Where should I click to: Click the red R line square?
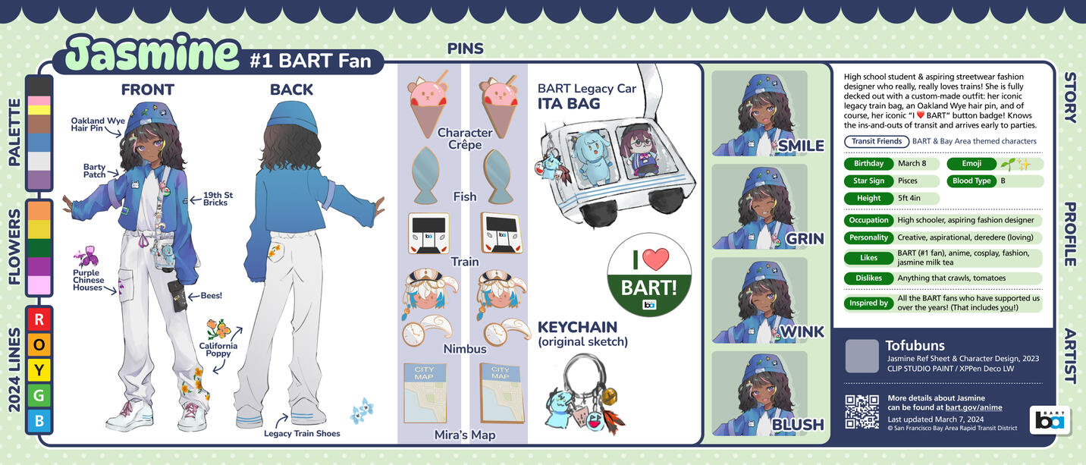point(39,319)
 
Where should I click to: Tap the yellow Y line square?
point(39,370)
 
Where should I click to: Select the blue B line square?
point(39,420)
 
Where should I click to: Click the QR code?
point(862,412)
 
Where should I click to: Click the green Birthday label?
point(868,163)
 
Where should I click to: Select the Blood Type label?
point(971,181)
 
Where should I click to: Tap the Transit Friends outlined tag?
point(877,141)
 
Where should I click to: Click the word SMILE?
point(801,146)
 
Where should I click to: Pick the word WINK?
point(802,331)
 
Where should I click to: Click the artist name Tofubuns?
point(915,345)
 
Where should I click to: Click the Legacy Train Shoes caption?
point(302,433)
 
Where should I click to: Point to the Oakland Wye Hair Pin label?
point(97,124)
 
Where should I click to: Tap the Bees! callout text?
point(212,295)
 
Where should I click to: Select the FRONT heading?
point(148,90)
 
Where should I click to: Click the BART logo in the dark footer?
point(1049,420)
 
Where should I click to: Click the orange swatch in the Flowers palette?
point(39,210)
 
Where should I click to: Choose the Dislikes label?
point(868,278)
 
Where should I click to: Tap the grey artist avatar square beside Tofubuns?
point(862,356)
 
